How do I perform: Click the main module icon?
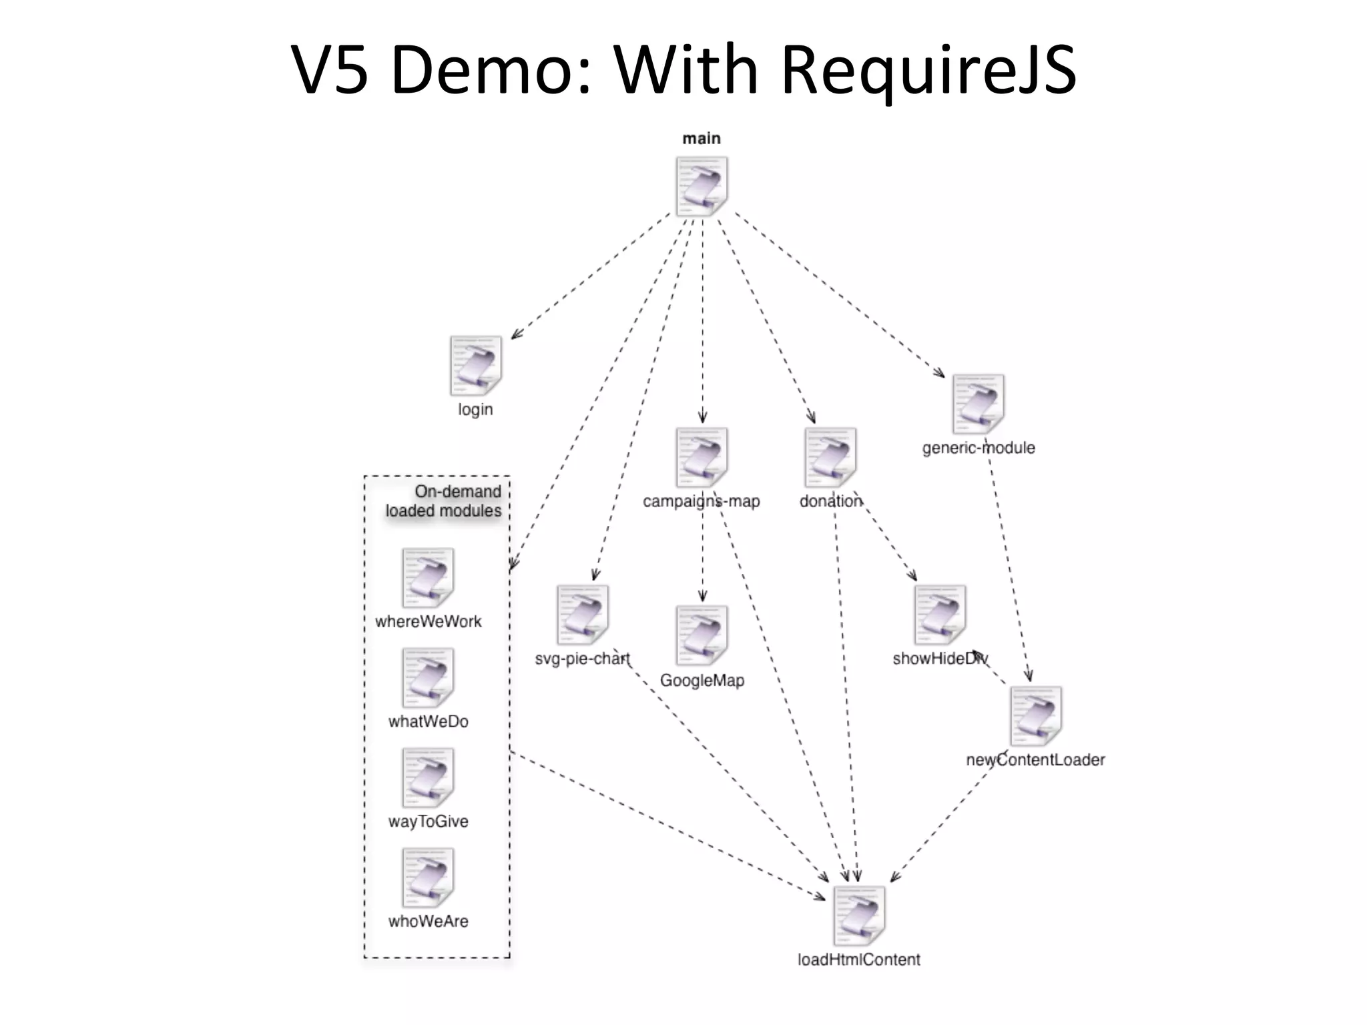(x=702, y=186)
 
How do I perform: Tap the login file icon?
(x=475, y=366)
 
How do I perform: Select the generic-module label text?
(x=978, y=448)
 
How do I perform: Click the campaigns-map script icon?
(x=702, y=458)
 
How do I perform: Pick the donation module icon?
(x=830, y=458)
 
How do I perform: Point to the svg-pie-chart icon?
(x=583, y=615)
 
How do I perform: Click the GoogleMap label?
(x=702, y=681)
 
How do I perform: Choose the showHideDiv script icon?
(x=940, y=615)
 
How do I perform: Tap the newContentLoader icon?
(x=1035, y=716)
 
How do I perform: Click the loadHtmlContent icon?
(x=859, y=916)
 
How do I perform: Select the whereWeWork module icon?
(x=428, y=578)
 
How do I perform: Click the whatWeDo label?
(x=428, y=721)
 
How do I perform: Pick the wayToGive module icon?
(x=428, y=777)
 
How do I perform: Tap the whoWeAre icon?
(x=428, y=878)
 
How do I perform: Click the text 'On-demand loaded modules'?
(x=444, y=501)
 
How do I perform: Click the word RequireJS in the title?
(x=928, y=69)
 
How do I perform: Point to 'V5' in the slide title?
(x=330, y=69)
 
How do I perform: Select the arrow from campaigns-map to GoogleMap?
(x=702, y=561)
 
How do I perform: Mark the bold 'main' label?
(x=702, y=139)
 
